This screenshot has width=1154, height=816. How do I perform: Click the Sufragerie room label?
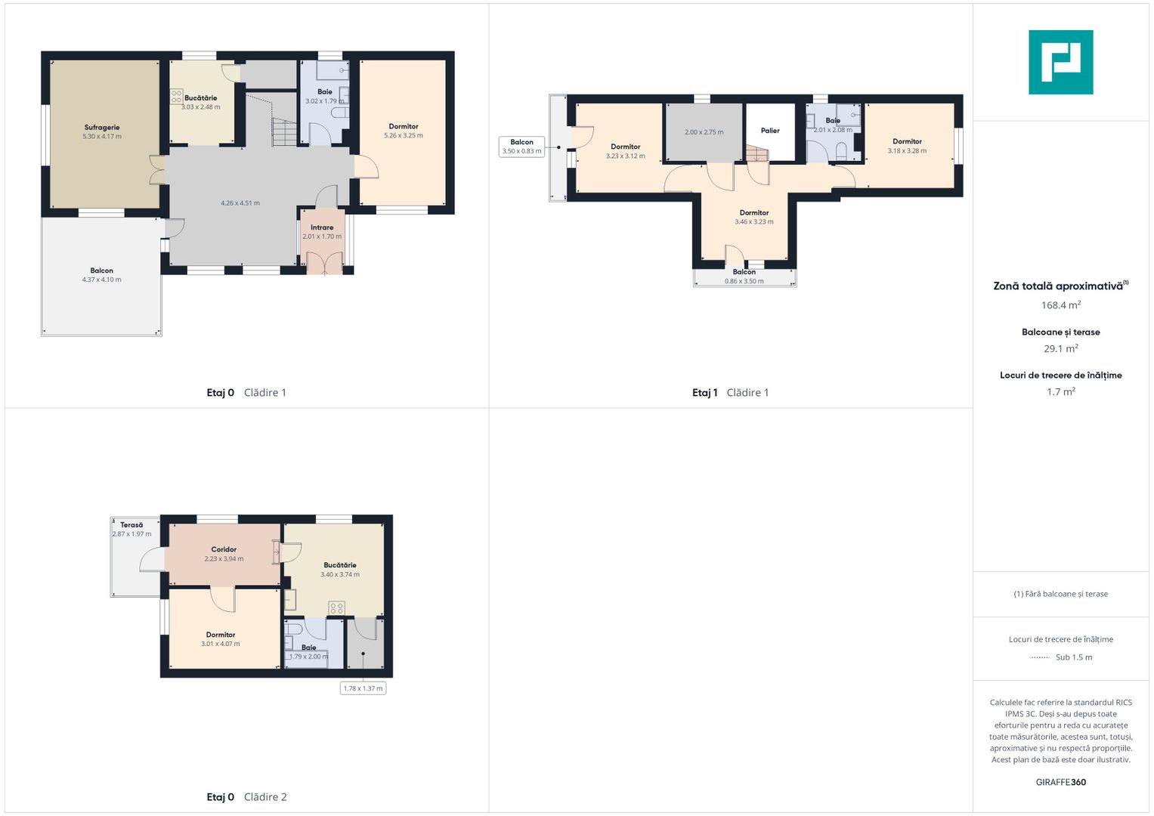[102, 127]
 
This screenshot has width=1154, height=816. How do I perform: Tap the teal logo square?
[1061, 62]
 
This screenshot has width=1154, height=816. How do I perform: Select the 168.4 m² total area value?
[1061, 305]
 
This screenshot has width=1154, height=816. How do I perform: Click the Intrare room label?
[322, 227]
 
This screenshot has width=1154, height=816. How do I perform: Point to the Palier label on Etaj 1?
[770, 130]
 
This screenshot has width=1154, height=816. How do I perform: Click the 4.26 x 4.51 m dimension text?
[240, 203]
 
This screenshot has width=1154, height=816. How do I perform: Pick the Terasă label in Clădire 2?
[132, 525]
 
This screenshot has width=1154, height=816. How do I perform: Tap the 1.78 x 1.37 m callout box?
[364, 688]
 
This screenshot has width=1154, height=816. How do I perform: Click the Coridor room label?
[224, 549]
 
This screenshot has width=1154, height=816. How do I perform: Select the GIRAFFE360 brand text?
[1061, 782]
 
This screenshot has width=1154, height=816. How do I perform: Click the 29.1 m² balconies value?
[1061, 349]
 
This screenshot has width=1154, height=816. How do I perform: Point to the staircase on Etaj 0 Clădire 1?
[284, 132]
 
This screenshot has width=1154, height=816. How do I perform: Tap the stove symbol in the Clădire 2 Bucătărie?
[337, 608]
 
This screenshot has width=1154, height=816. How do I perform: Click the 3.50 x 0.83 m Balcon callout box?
[522, 147]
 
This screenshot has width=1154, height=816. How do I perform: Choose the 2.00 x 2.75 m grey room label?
[704, 132]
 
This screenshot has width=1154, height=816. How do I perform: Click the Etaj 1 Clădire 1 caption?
[731, 393]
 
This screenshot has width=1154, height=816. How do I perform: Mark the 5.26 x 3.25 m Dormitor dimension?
[404, 135]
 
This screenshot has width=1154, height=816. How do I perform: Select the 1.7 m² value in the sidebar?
[1061, 392]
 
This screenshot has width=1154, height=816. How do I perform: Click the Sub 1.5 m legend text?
[1074, 657]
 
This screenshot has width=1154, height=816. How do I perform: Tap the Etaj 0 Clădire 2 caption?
[247, 797]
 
